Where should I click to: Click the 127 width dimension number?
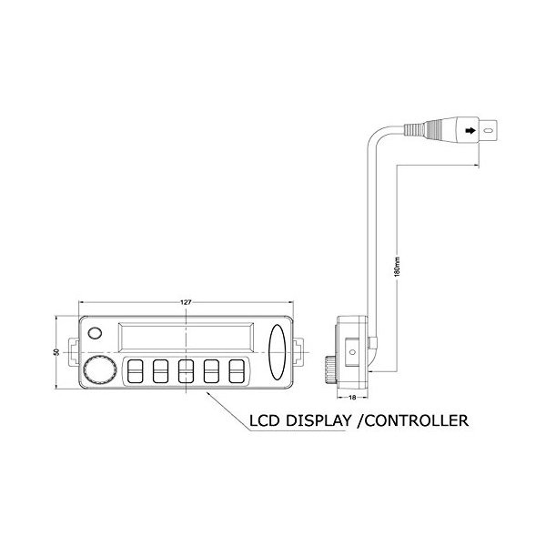[x=186, y=301]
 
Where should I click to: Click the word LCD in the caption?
[x=270, y=421]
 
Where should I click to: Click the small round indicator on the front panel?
[x=95, y=334]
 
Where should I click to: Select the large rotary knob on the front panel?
[x=97, y=369]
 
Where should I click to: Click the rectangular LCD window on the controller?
[x=187, y=338]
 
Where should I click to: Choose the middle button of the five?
[x=187, y=371]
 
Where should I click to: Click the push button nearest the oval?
[x=238, y=371]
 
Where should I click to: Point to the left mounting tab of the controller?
[x=73, y=352]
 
